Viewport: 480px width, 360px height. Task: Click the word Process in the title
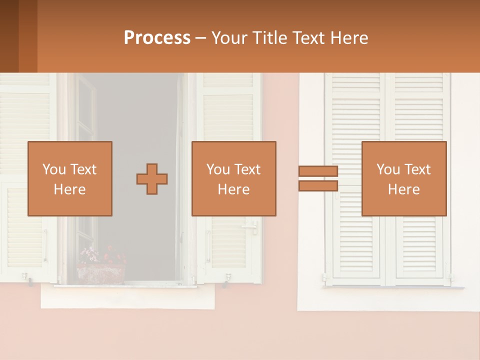click(157, 38)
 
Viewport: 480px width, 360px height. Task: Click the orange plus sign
click(152, 179)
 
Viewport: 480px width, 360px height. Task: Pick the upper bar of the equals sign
click(318, 171)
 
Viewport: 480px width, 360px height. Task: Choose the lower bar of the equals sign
click(318, 186)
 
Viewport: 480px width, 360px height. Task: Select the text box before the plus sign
click(69, 178)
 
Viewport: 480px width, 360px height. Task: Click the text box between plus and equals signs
click(233, 178)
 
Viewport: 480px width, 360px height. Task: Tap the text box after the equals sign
click(403, 178)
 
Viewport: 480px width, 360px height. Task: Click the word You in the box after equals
click(387, 169)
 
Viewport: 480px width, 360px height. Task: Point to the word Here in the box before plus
click(69, 189)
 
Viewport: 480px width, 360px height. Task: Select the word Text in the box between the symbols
click(247, 169)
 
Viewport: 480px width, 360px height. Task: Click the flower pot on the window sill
click(100, 274)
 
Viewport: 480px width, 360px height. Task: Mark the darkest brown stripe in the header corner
click(9, 36)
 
